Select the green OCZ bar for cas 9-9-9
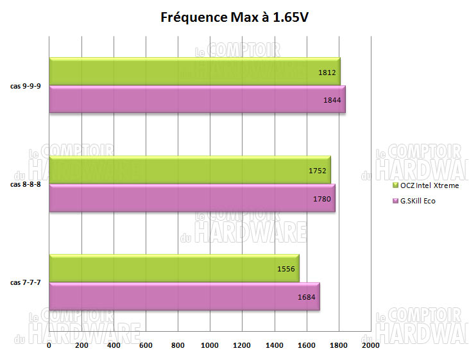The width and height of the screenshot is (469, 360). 192,72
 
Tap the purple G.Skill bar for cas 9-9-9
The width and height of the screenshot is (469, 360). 192,99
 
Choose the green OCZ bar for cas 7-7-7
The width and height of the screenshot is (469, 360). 173,269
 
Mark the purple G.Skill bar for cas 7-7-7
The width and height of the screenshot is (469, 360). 183,296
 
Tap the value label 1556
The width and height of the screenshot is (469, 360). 286,270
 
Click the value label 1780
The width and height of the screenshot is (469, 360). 321,199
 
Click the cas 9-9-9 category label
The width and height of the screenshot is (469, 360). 25,86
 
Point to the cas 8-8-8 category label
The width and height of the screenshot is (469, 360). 25,184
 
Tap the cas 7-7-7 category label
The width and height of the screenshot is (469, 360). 25,282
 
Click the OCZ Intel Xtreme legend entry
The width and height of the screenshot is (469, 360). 427,185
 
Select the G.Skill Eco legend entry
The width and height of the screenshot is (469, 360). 418,201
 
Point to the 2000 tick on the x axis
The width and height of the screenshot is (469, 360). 370,345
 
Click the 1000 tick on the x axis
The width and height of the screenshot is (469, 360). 210,345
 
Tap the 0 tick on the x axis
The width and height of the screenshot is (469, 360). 49,345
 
